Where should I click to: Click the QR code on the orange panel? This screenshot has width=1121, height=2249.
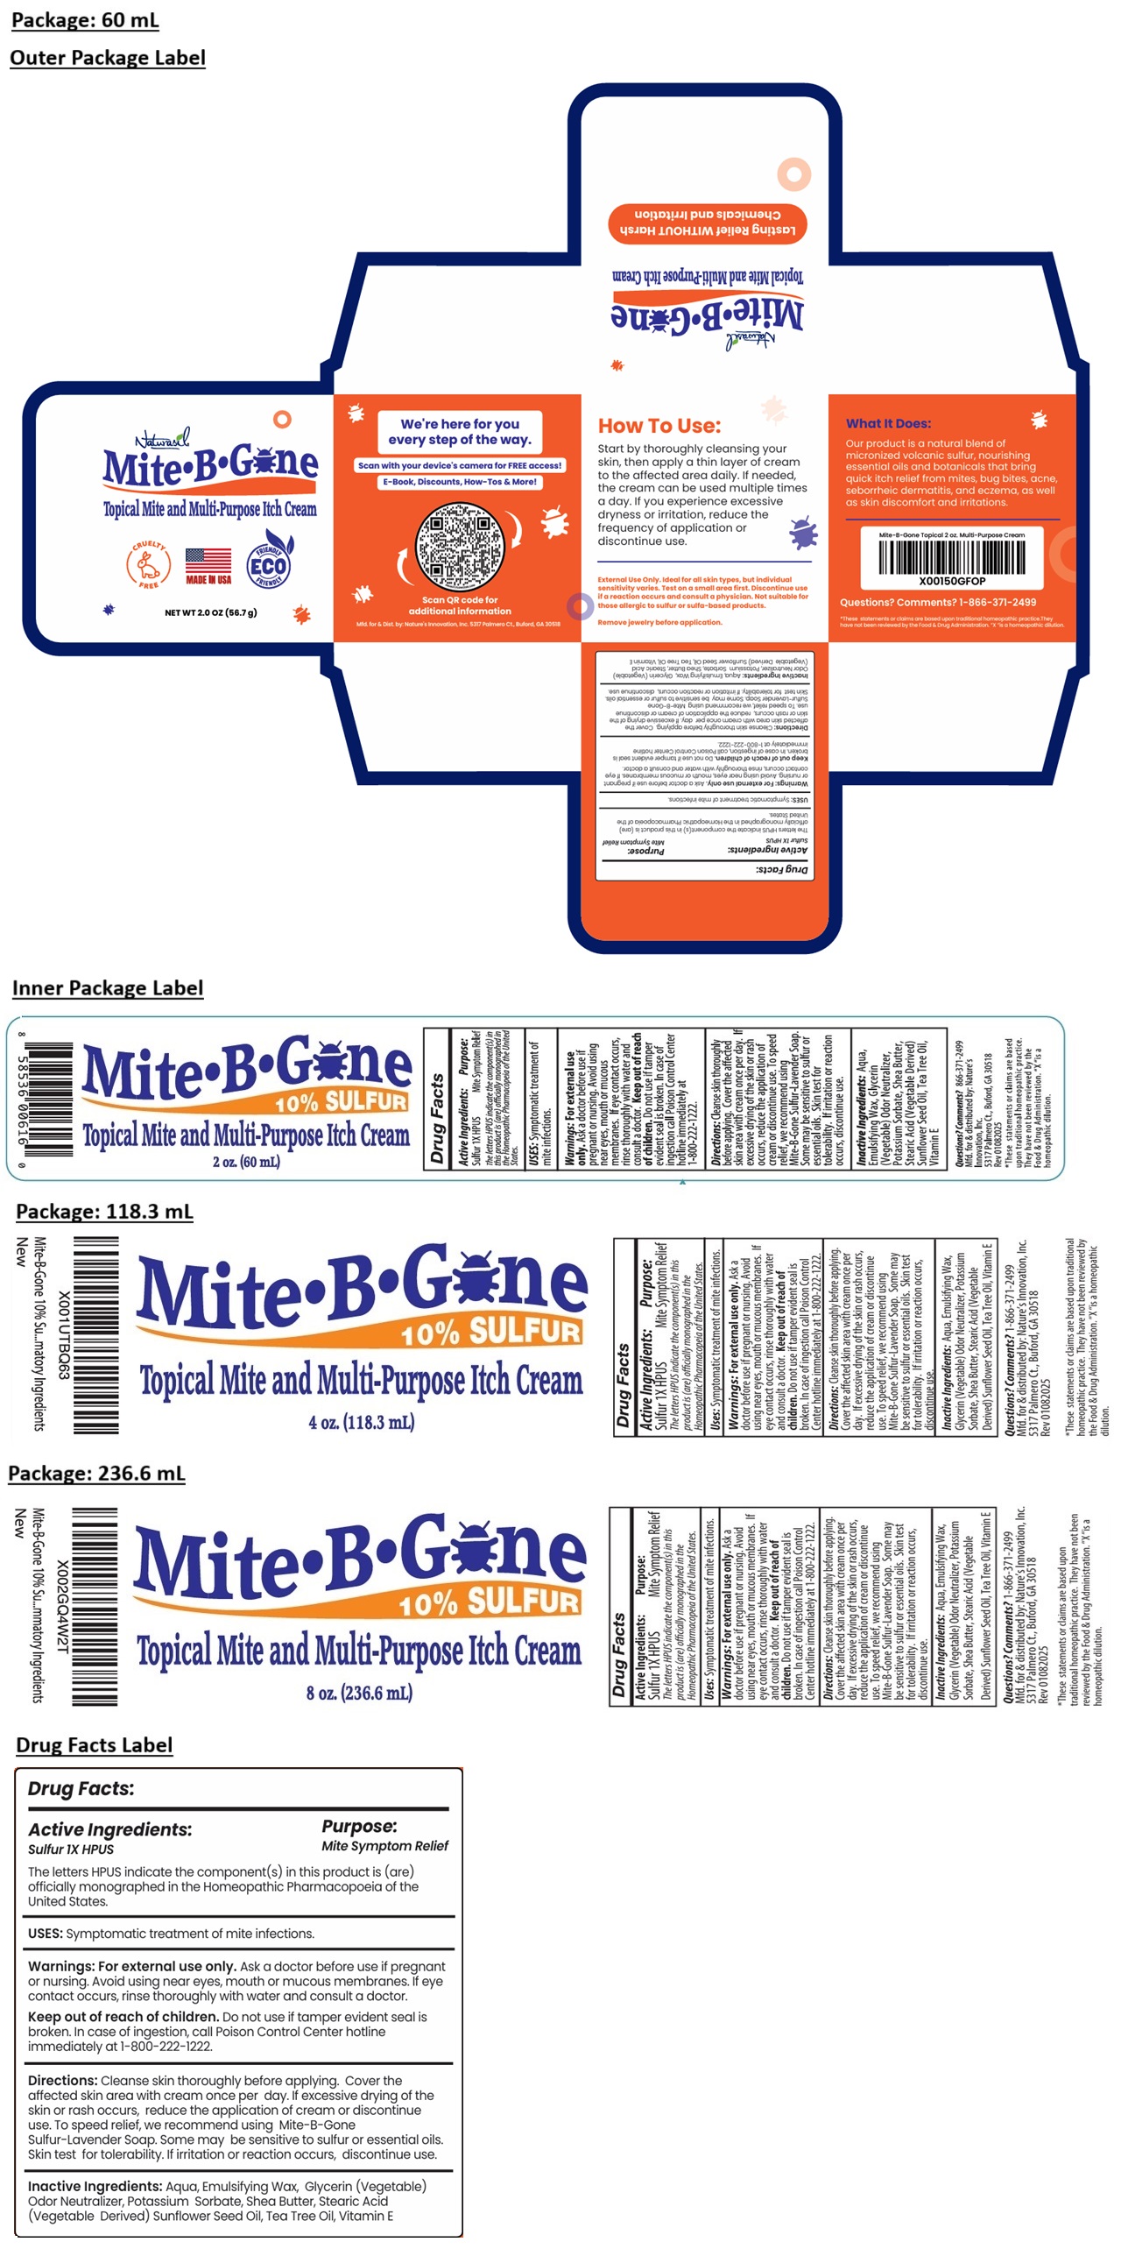pos(459,547)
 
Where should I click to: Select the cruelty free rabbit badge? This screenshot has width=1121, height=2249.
pos(148,564)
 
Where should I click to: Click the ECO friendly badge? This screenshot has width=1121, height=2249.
pos(268,565)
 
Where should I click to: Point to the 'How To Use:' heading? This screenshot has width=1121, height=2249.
pos(659,426)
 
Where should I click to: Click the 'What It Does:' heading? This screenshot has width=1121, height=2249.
pos(888,423)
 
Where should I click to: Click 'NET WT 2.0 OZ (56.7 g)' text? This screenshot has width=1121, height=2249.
pos(210,612)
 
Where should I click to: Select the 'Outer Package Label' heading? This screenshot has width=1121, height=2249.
pos(108,58)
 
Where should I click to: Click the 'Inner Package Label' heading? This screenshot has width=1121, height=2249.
pos(108,987)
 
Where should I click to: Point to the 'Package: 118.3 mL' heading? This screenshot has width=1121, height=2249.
pos(104,1211)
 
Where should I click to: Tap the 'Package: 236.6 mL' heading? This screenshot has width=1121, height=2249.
pos(96,1473)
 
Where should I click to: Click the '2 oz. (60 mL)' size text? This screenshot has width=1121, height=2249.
pos(246,1162)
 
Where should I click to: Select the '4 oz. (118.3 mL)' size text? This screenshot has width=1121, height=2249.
pos(361,1422)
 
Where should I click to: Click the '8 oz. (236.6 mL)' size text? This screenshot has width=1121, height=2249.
pos(359,1693)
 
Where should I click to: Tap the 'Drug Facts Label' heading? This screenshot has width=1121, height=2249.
pos(94,1744)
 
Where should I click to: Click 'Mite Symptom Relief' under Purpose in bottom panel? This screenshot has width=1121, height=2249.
pos(384,1846)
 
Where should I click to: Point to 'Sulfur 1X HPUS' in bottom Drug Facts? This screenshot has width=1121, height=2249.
pos(71,1849)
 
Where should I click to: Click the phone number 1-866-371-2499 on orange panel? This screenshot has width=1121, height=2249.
pos(998,602)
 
